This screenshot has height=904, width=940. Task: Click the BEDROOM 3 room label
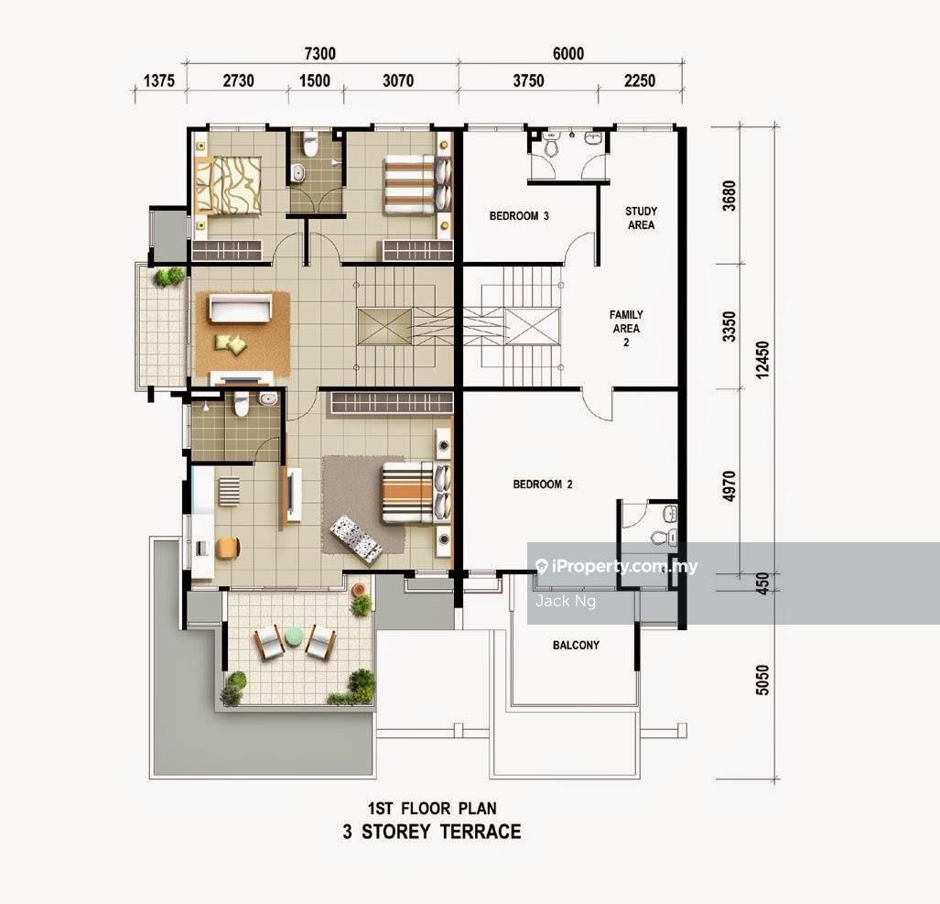coord(519,217)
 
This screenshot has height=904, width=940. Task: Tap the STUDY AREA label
coord(641,218)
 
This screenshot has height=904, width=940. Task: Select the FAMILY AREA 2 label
coord(626,329)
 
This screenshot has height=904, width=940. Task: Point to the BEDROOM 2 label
coord(543,485)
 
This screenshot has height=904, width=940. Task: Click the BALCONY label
coord(576,646)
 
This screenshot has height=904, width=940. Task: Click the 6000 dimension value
coord(567,54)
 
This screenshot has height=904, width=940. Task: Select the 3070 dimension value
coord(396,82)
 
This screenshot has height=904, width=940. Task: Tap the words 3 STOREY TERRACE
coord(431,832)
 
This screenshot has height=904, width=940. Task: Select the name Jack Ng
coord(565,601)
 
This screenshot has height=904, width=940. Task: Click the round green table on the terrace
coord(294,636)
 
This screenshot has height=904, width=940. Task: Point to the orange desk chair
coord(227,548)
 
